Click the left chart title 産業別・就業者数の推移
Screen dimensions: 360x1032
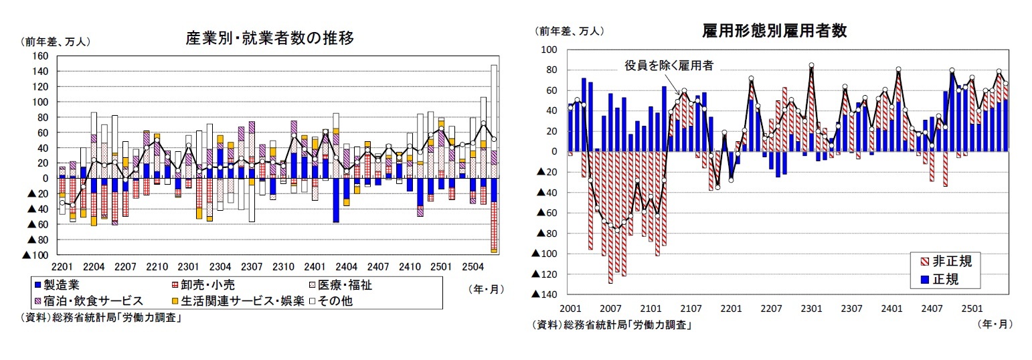pos(269,39)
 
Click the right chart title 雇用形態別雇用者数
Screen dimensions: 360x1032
pos(775,31)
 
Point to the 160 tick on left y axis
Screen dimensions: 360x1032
pos(40,56)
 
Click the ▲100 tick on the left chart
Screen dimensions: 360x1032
pos(36,255)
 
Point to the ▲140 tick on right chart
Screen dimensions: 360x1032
pos(545,294)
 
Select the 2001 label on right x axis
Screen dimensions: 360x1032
pos(570,308)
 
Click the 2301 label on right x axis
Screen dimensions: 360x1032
pos(811,308)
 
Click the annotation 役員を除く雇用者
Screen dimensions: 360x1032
pos(669,65)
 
